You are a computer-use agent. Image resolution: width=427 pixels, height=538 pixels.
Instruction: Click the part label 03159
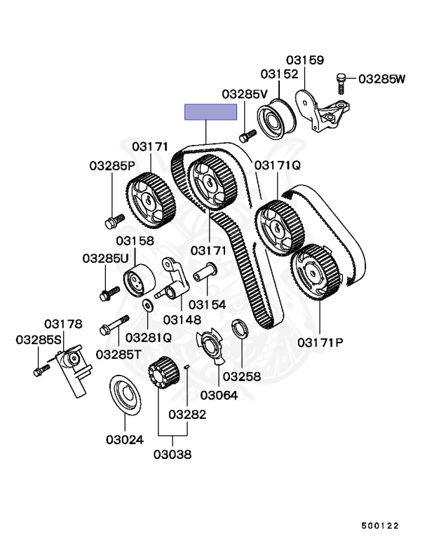305,60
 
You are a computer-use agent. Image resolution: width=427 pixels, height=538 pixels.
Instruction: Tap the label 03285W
381,79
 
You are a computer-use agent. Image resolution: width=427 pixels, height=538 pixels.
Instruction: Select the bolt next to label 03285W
341,83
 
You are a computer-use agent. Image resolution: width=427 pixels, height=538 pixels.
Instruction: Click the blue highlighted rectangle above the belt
210,112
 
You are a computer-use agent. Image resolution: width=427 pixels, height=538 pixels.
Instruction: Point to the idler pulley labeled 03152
276,119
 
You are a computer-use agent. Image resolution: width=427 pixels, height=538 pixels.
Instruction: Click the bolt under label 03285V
248,135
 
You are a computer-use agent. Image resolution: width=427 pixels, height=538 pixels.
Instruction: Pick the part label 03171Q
277,165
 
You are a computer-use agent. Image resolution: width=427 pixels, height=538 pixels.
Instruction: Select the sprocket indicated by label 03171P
316,272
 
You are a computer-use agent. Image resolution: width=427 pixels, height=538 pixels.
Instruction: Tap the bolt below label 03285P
114,221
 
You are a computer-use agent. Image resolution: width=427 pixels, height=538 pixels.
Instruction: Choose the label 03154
207,304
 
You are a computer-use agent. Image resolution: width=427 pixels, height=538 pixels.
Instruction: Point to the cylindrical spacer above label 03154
205,272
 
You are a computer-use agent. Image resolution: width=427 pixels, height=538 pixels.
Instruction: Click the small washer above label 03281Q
148,305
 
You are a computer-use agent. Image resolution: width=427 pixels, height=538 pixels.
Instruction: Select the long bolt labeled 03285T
114,325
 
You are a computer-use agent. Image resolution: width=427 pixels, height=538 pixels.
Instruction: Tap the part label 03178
63,324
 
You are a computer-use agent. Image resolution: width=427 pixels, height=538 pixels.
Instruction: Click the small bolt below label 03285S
41,370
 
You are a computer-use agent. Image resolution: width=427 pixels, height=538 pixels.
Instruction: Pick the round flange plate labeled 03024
125,394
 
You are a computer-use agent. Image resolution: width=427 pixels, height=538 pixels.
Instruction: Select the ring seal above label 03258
239,328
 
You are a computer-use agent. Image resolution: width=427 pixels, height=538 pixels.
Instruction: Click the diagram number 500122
380,525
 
